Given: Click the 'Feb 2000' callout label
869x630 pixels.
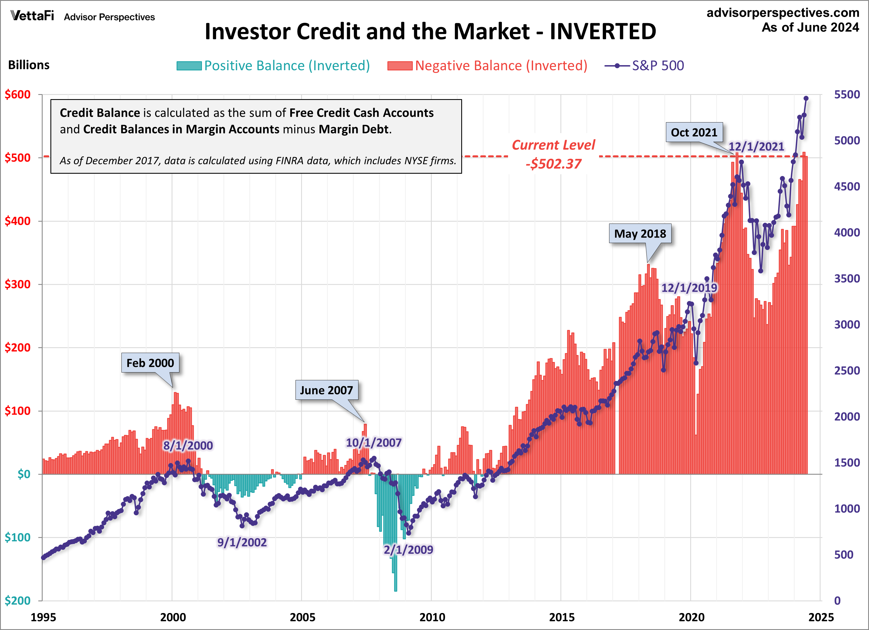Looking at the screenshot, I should tap(150, 363).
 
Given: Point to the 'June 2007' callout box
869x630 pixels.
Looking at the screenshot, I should tap(326, 390).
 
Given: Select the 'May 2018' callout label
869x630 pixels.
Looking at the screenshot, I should tap(640, 233).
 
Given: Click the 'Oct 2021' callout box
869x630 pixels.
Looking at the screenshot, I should tap(694, 132).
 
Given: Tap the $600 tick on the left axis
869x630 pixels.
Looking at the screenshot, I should tap(18, 95).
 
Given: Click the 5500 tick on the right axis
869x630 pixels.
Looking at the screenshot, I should tap(847, 95).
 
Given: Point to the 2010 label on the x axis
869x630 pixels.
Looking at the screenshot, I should tap(432, 617).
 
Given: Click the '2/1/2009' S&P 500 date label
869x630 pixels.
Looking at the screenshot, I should tap(408, 549).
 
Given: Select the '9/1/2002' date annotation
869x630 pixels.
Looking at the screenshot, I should tap(242, 542).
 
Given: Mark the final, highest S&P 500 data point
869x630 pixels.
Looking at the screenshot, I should tap(806, 99).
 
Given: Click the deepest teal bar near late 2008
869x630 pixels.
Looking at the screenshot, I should tap(396, 575).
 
